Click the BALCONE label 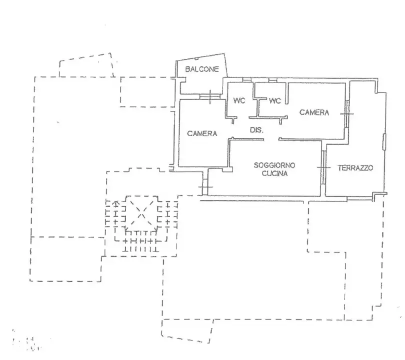pyautogui.click(x=202, y=69)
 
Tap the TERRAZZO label pyautogui.click(x=355, y=168)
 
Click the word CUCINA pyautogui.click(x=274, y=173)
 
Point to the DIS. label pyautogui.click(x=256, y=130)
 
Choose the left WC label pyautogui.click(x=239, y=100)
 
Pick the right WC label pyautogui.click(x=275, y=100)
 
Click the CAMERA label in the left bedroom pyautogui.click(x=202, y=133)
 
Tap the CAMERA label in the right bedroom pyautogui.click(x=314, y=112)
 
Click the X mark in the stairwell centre pyautogui.click(x=141, y=213)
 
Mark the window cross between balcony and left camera pyautogui.click(x=209, y=97)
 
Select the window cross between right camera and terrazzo pyautogui.click(x=347, y=113)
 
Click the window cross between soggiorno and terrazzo pyautogui.click(x=323, y=167)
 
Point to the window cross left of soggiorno pyautogui.click(x=205, y=186)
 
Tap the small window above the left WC pyautogui.click(x=246, y=80)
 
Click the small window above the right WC pyautogui.click(x=272, y=80)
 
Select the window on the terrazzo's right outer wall pyautogui.click(x=384, y=141)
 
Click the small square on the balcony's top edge pyautogui.click(x=196, y=59)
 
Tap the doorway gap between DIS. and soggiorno pyautogui.click(x=271, y=139)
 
